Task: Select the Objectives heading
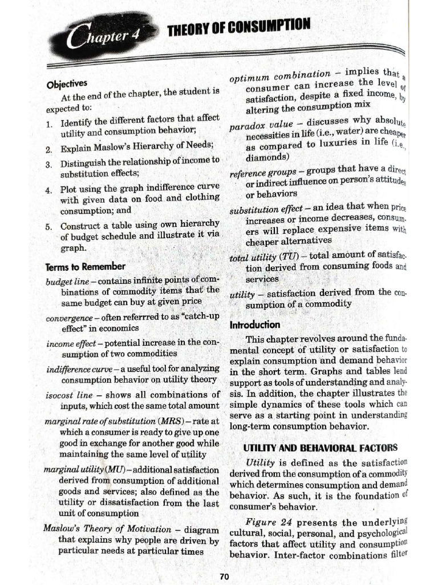click(x=67, y=83)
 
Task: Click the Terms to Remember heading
click(x=85, y=266)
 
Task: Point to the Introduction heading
click(x=255, y=324)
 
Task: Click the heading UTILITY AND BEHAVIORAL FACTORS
click(x=320, y=447)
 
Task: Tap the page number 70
click(x=225, y=576)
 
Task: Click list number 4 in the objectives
click(x=49, y=189)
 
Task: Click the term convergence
click(x=69, y=318)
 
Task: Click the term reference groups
click(x=262, y=173)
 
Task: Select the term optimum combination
click(x=279, y=76)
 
